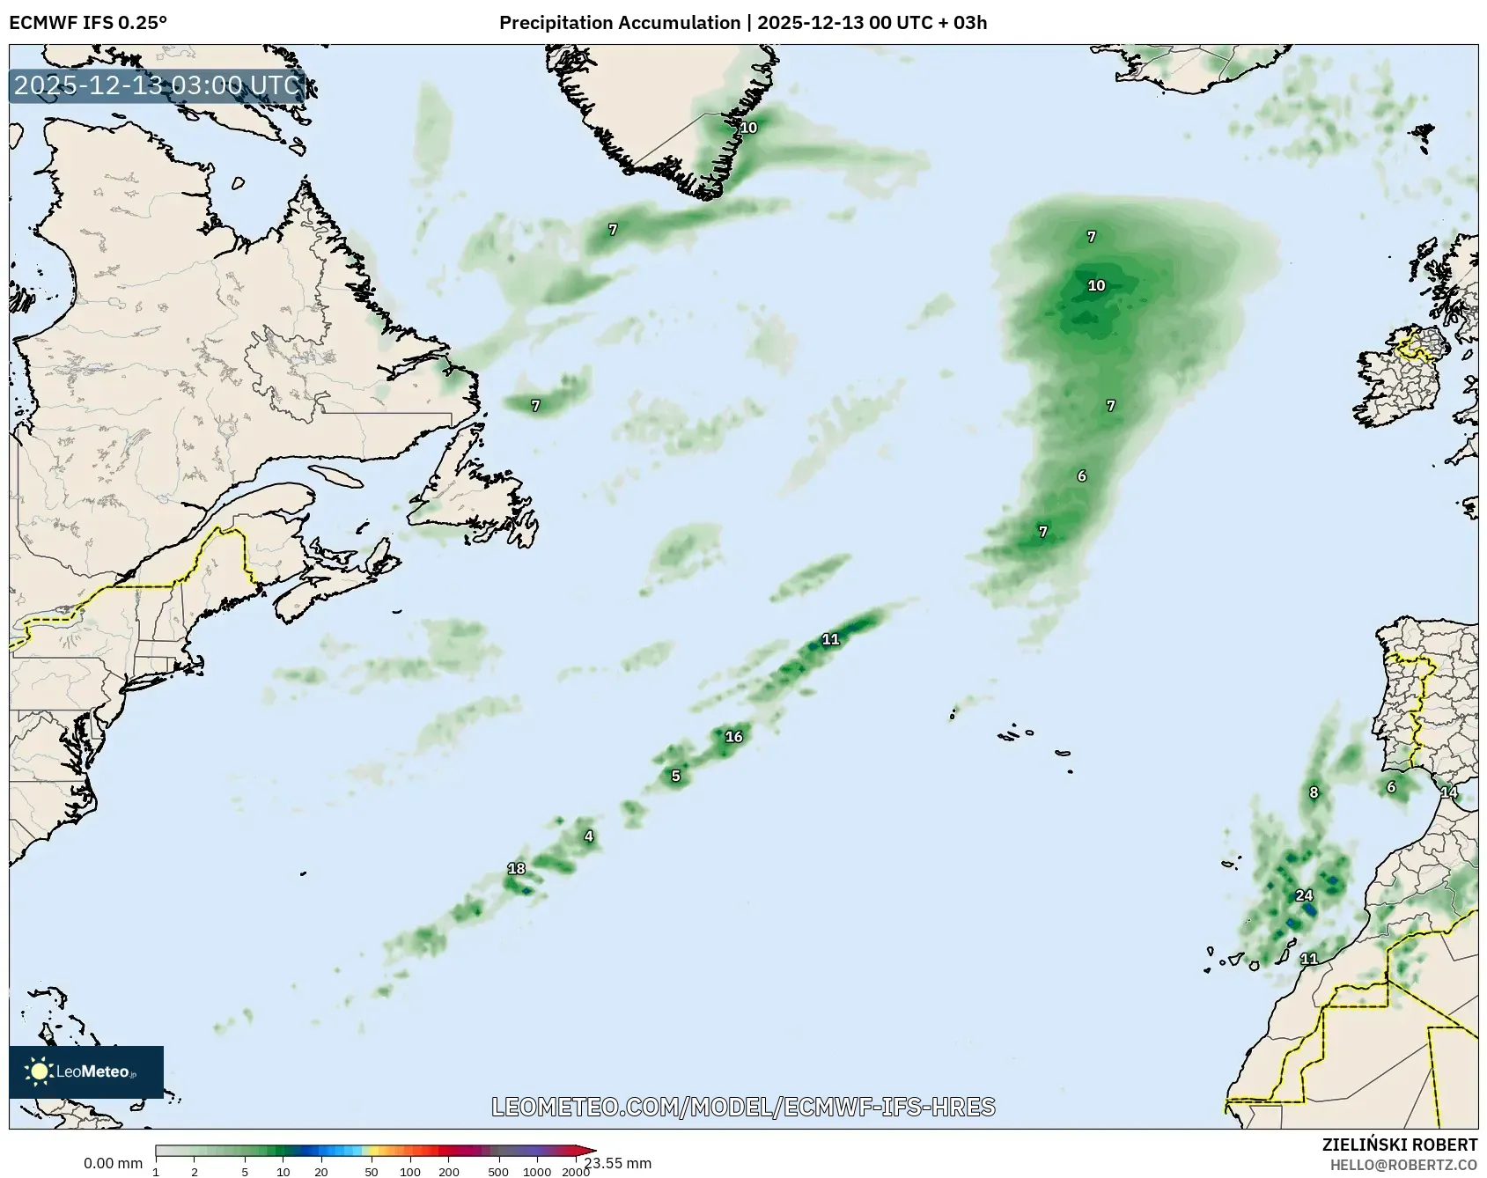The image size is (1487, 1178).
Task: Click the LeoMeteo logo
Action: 85,1071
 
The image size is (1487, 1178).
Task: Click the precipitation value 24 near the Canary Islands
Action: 1304,895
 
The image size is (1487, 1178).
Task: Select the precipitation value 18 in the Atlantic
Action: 516,869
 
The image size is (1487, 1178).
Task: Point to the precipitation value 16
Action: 733,737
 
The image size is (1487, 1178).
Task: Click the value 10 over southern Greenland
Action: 747,128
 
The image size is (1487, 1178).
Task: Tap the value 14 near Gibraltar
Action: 1448,792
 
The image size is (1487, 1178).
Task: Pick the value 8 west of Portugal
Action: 1314,792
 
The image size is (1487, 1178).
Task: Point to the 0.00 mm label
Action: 113,1164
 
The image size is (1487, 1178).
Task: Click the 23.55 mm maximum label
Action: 618,1164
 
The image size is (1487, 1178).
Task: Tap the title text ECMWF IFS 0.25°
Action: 88,22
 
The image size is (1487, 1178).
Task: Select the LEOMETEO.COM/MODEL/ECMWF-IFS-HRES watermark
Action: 743,1107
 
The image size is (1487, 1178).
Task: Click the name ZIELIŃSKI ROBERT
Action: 1400,1145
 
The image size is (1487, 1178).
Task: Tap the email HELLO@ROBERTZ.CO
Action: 1403,1165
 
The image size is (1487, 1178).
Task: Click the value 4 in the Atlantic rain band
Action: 589,836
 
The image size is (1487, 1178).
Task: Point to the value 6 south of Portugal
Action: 1391,787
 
